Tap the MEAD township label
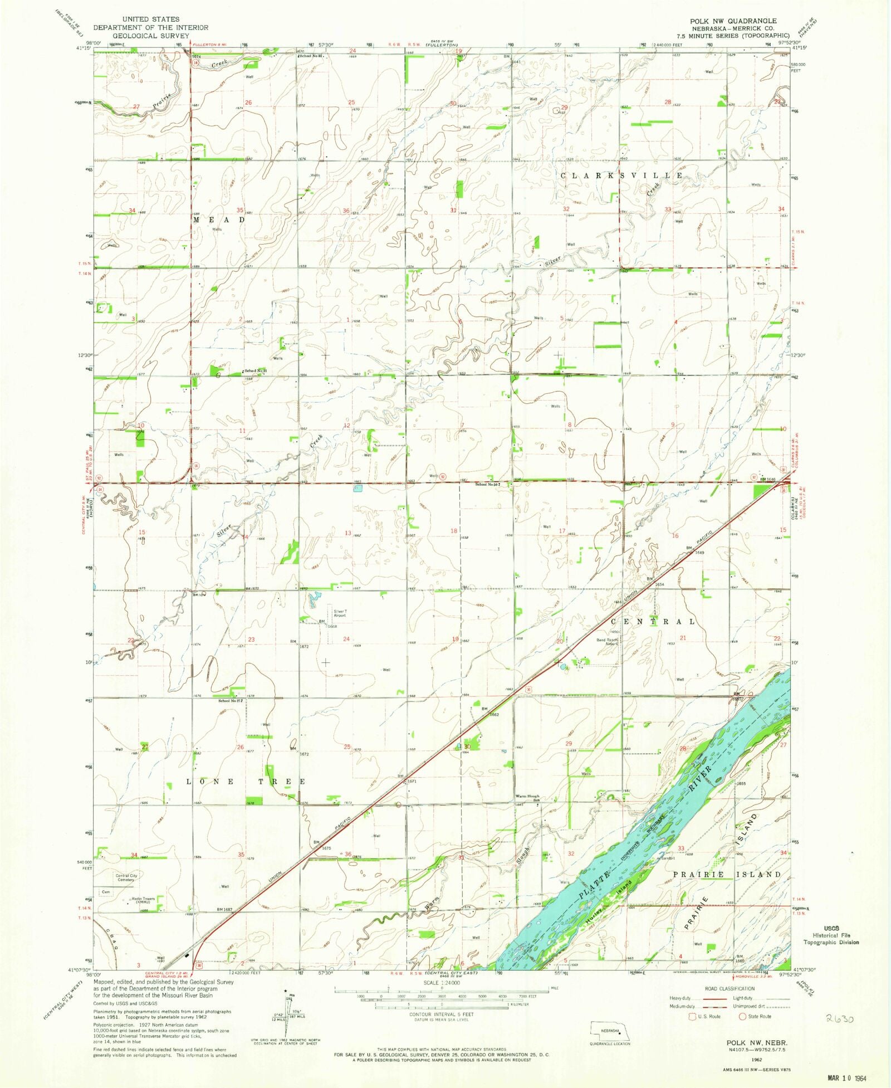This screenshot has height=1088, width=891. tap(219, 220)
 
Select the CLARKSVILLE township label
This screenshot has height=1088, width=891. tap(621, 175)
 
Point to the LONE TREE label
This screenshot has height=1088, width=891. tap(246, 782)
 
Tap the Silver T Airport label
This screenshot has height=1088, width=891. tap(340, 613)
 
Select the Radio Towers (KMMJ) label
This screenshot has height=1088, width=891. tap(143, 900)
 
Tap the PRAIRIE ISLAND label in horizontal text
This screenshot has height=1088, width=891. tap(727, 875)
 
